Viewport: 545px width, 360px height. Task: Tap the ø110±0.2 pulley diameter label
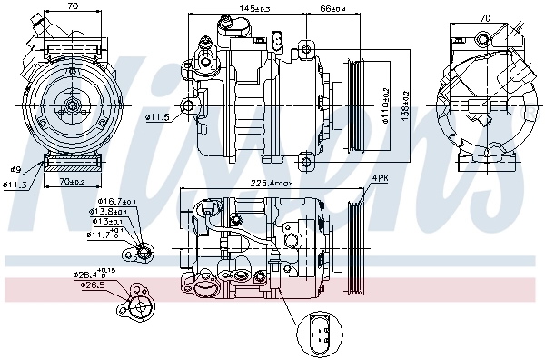click(x=384, y=105)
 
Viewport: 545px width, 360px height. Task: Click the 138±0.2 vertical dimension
click(x=405, y=105)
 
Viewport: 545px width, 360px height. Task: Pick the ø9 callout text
click(x=15, y=170)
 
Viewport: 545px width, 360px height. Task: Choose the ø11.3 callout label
click(x=15, y=185)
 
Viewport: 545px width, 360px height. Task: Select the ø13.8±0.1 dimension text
click(x=108, y=212)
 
